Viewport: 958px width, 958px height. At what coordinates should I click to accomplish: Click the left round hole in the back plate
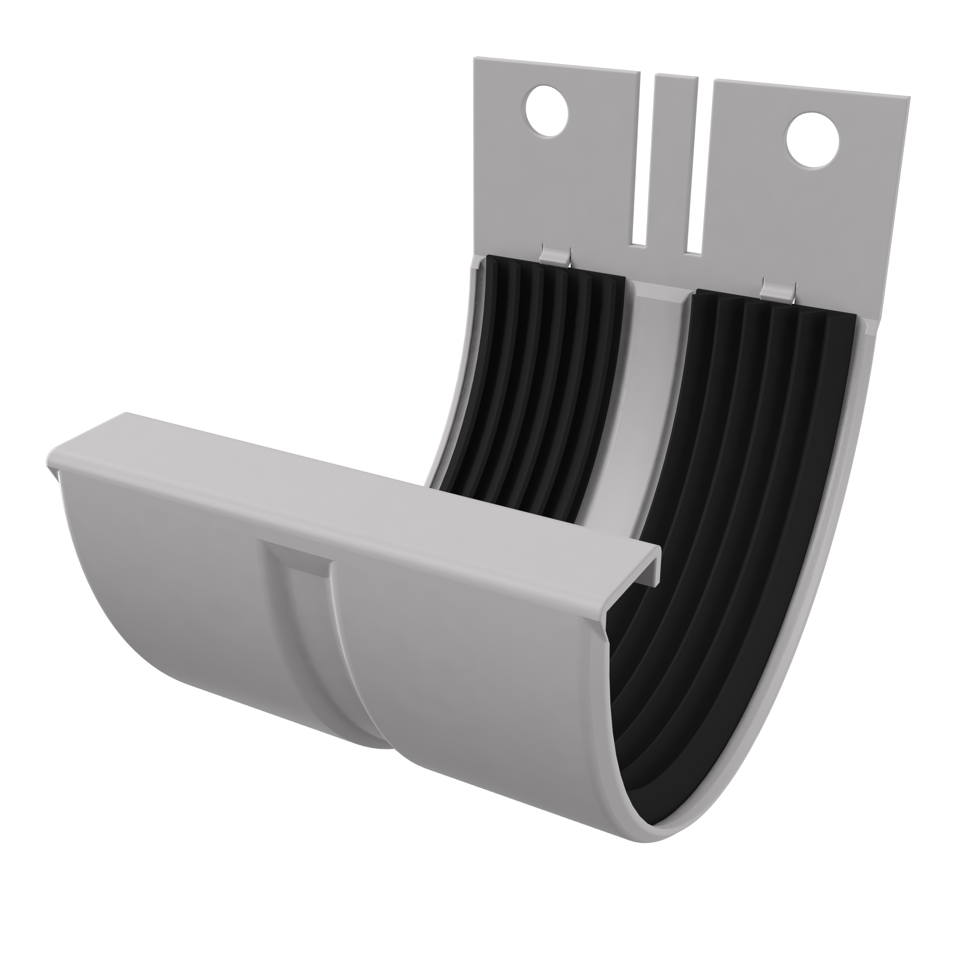click(x=546, y=111)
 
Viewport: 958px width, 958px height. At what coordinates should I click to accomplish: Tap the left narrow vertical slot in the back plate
click(x=645, y=164)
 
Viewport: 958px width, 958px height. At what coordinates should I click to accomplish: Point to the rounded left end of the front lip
click(x=54, y=459)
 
